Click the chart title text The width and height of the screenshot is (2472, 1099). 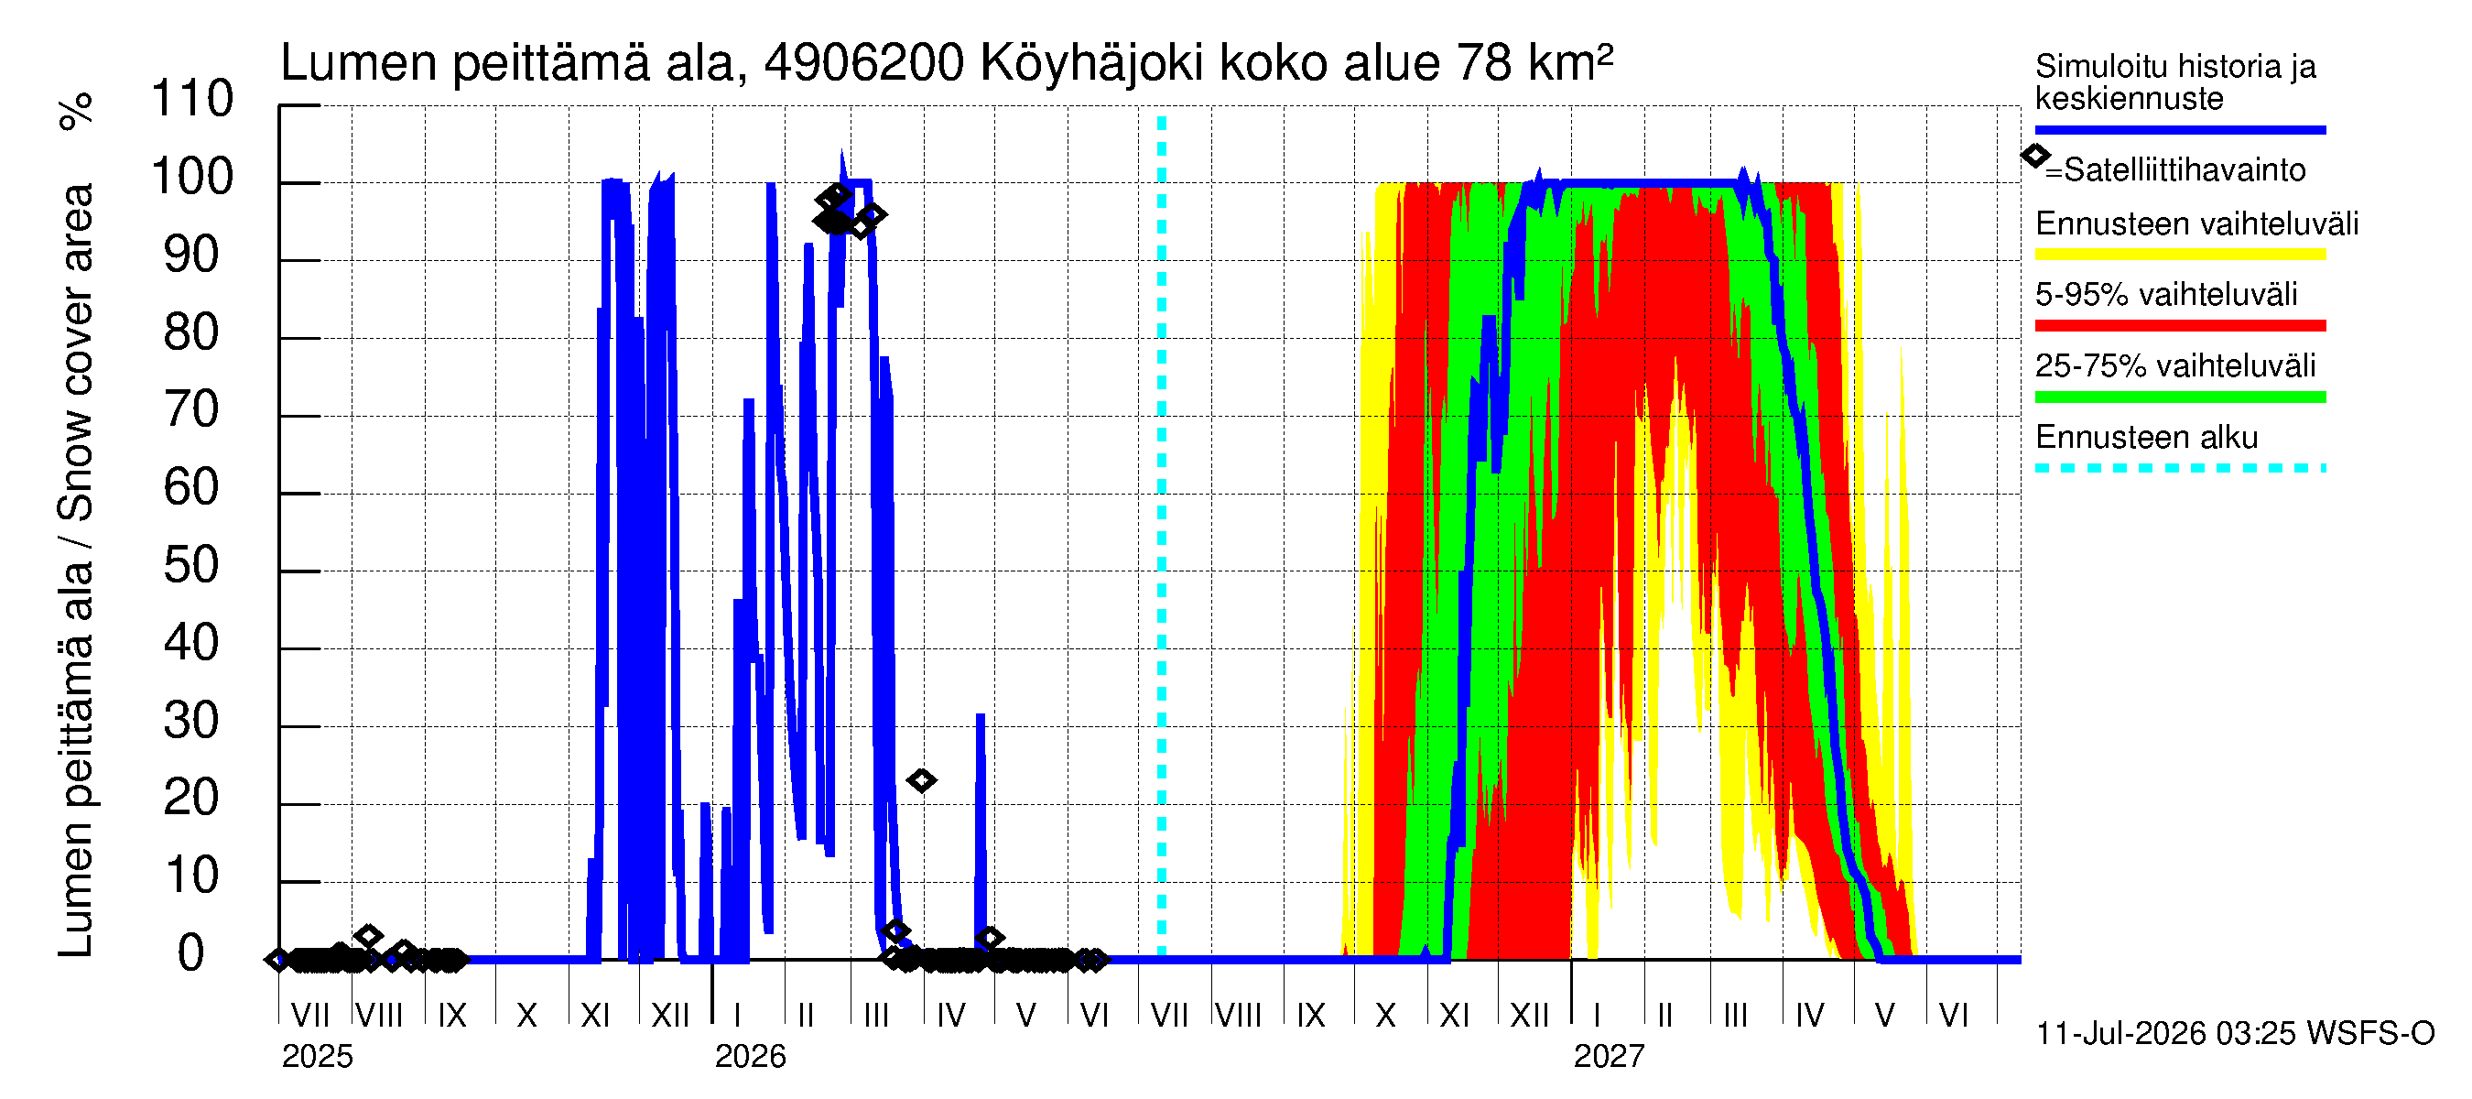pyautogui.click(x=946, y=63)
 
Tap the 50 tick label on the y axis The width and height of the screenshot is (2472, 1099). pyautogui.click(x=192, y=565)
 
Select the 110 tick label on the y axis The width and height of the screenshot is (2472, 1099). pyautogui.click(x=192, y=99)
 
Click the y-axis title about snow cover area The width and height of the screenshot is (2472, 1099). pyautogui.click(x=76, y=571)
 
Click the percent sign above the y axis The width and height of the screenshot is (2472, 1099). pyautogui.click(x=76, y=111)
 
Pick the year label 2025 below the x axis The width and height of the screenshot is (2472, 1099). pyautogui.click(x=318, y=1057)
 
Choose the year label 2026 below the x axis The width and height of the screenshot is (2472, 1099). pyautogui.click(x=751, y=1057)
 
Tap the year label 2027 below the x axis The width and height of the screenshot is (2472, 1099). pyautogui.click(x=1610, y=1057)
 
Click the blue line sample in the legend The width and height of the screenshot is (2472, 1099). pyautogui.click(x=2180, y=129)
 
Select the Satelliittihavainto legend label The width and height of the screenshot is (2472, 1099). pyautogui.click(x=2185, y=170)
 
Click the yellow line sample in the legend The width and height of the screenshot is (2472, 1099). pyautogui.click(x=2180, y=255)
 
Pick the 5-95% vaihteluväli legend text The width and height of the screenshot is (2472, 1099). pyautogui.click(x=2166, y=295)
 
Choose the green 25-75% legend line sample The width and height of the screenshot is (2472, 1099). pyautogui.click(x=2180, y=397)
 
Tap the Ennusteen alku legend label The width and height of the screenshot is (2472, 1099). pyautogui.click(x=2147, y=438)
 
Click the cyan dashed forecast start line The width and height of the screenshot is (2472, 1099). pyautogui.click(x=1161, y=538)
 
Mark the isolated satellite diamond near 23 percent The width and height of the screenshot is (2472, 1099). pyautogui.click(x=921, y=780)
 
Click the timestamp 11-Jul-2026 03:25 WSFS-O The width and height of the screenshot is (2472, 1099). pyautogui.click(x=2235, y=1034)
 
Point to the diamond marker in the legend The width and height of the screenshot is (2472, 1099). pyautogui.click(x=2035, y=156)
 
